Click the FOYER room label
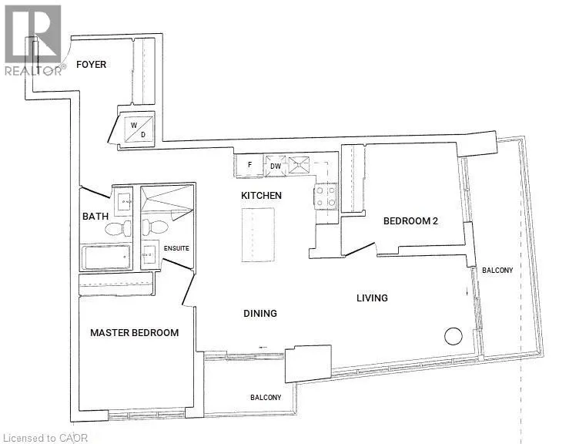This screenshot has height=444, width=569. tap(91, 65)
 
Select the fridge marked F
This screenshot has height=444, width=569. tap(249, 165)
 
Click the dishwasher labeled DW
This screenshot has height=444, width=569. tap(276, 166)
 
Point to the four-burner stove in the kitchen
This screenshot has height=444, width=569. tap(326, 197)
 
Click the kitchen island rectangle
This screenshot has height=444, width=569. tap(258, 234)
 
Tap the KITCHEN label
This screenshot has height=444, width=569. tap(261, 196)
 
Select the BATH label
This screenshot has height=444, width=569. tap(95, 217)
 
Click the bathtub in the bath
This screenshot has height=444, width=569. tap(106, 257)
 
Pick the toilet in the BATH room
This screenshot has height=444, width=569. tap(119, 228)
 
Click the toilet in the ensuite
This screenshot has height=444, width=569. tap(155, 227)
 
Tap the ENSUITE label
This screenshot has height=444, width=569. tap(176, 248)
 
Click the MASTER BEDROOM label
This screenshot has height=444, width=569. tap(134, 333)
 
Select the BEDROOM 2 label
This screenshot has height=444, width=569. tap(411, 221)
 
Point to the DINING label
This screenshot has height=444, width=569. tap(260, 313)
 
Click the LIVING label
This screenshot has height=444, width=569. tap(372, 298)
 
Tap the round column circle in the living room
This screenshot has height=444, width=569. tap(454, 336)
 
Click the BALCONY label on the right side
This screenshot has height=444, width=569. tap(497, 271)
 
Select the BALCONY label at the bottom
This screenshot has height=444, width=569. tap(266, 398)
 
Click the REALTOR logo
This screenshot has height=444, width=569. tap(33, 40)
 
